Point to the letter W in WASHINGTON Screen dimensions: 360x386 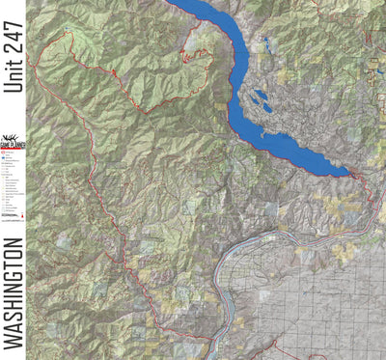pyautogui.click(x=13, y=339)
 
